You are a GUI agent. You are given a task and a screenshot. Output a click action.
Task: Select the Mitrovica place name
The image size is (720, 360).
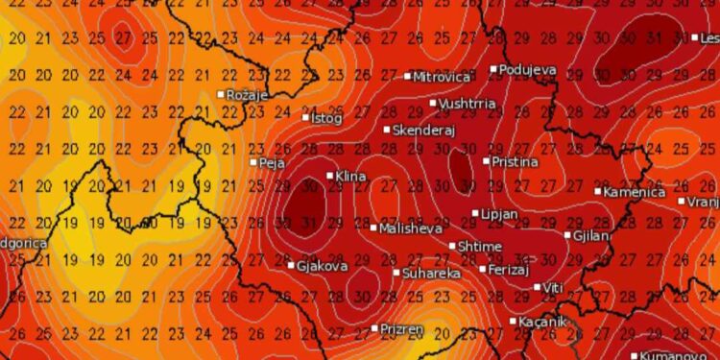[442, 77]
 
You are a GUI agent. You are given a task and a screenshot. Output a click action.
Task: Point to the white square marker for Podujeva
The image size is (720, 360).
[494, 69]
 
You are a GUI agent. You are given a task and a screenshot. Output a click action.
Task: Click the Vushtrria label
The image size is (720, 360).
[469, 104]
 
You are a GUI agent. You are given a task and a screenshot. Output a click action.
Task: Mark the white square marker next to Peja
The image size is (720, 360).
[254, 162]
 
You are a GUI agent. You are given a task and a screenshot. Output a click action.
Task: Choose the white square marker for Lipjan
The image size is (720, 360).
[475, 213]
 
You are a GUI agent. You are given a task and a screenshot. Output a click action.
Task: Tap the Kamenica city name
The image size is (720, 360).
[635, 192]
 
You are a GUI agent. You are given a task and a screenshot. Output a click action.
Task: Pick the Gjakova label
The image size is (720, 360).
[322, 266]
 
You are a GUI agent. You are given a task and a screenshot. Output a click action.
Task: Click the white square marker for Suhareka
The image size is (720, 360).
[396, 273]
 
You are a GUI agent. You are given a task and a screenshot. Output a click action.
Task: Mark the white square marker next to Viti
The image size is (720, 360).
[538, 287]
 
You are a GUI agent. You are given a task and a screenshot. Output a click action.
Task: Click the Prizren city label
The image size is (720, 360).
[401, 329]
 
